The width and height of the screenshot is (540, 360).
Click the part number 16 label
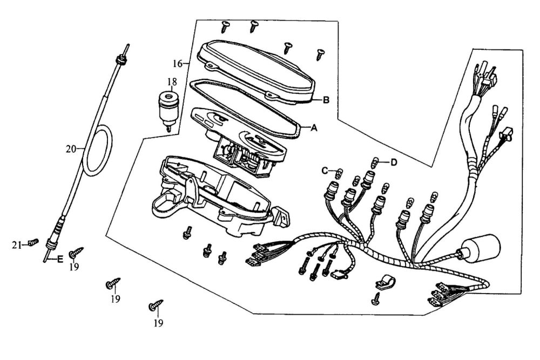click(x=178, y=63)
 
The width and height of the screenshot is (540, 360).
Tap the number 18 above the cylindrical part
click(x=172, y=82)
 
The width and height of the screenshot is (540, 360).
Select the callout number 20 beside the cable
click(x=71, y=149)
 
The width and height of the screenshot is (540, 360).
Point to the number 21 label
click(x=17, y=245)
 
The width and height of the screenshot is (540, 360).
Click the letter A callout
click(x=313, y=128)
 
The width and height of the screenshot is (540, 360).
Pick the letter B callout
click(x=326, y=100)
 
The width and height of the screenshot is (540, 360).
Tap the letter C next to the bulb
click(x=325, y=171)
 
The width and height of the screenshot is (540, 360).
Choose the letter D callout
click(x=393, y=162)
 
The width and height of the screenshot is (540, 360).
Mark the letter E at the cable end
click(x=60, y=260)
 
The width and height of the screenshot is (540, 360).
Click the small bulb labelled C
click(x=340, y=172)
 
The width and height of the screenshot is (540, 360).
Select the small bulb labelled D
click(x=376, y=161)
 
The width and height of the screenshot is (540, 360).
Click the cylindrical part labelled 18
click(x=168, y=110)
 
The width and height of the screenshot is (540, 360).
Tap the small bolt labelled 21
click(x=33, y=242)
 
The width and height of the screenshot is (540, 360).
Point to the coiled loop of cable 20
click(x=99, y=150)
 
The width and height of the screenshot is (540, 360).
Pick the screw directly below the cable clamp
click(x=376, y=298)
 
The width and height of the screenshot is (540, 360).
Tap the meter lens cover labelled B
click(x=257, y=73)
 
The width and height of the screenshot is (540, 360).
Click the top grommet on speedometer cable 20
click(x=121, y=59)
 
